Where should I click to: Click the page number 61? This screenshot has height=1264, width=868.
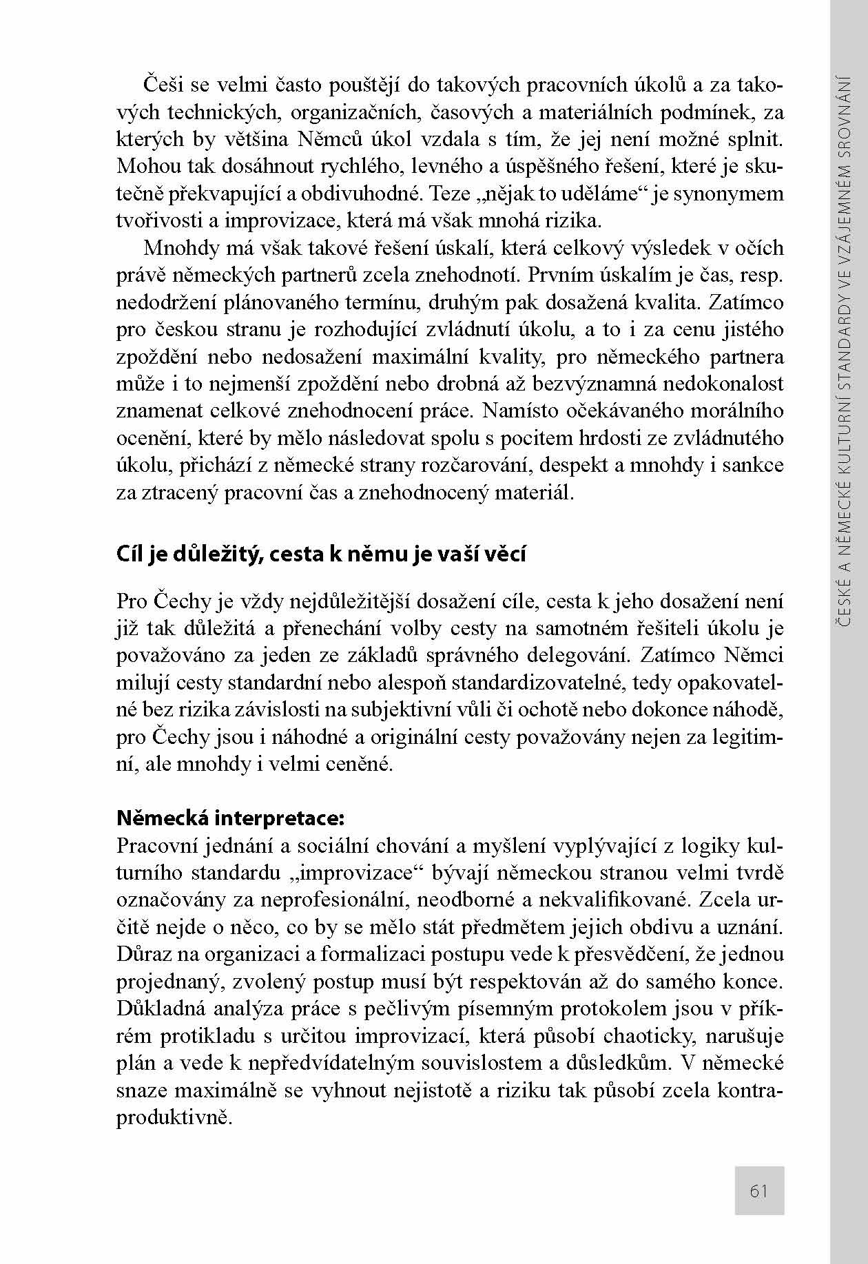click(758, 1192)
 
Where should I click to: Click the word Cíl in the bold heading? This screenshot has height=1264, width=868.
click(130, 554)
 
